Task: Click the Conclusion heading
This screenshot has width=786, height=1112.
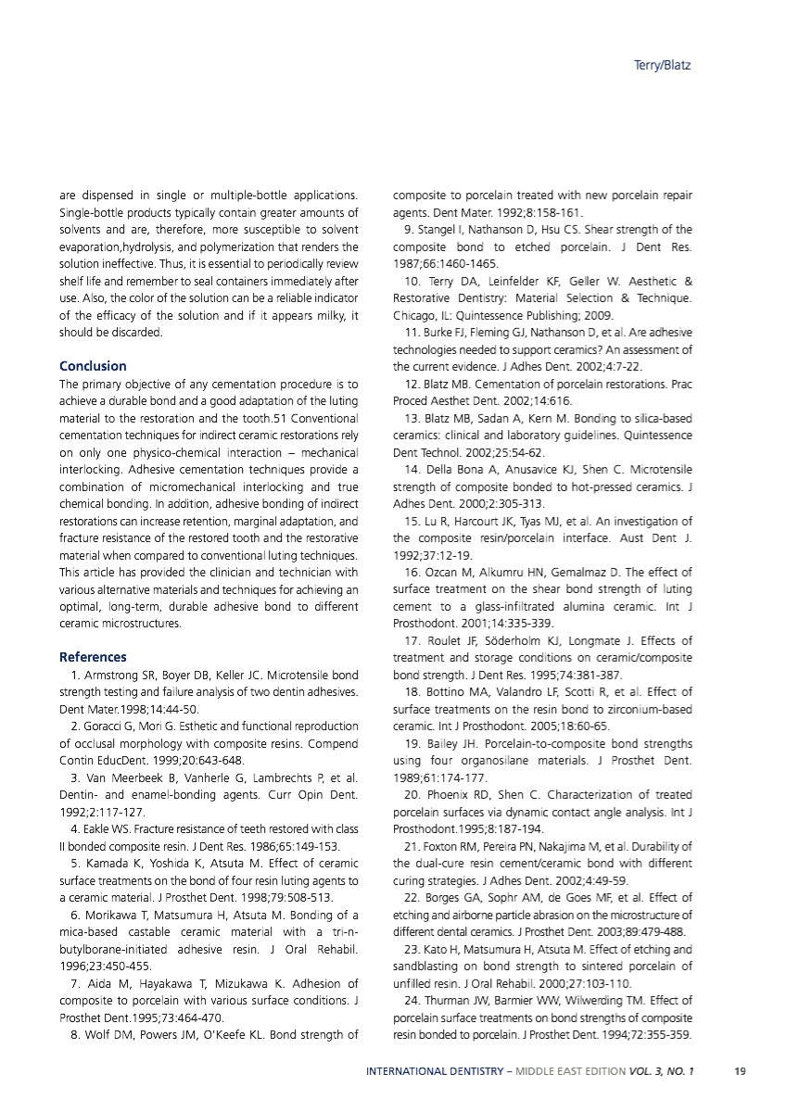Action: click(x=93, y=366)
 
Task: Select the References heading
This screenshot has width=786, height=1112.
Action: click(x=93, y=657)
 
